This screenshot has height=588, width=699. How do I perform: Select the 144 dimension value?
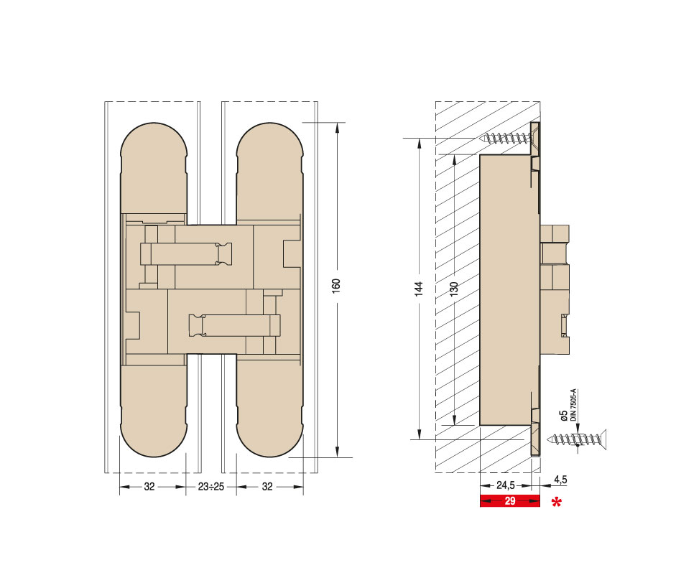(x=419, y=289)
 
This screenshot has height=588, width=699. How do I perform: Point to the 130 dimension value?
(x=453, y=289)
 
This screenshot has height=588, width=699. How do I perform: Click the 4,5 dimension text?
(x=560, y=480)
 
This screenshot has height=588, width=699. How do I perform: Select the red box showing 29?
(x=509, y=500)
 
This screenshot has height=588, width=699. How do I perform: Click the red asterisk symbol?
(x=556, y=503)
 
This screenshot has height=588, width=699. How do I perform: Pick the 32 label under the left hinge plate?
(x=149, y=486)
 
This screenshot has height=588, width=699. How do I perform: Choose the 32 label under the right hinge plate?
(x=267, y=486)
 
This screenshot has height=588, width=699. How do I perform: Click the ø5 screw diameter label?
(x=563, y=416)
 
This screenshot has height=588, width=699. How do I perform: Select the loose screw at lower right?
(x=575, y=439)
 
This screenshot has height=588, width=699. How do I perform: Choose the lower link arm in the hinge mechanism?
(x=233, y=325)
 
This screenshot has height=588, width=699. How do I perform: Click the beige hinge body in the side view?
(x=506, y=287)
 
